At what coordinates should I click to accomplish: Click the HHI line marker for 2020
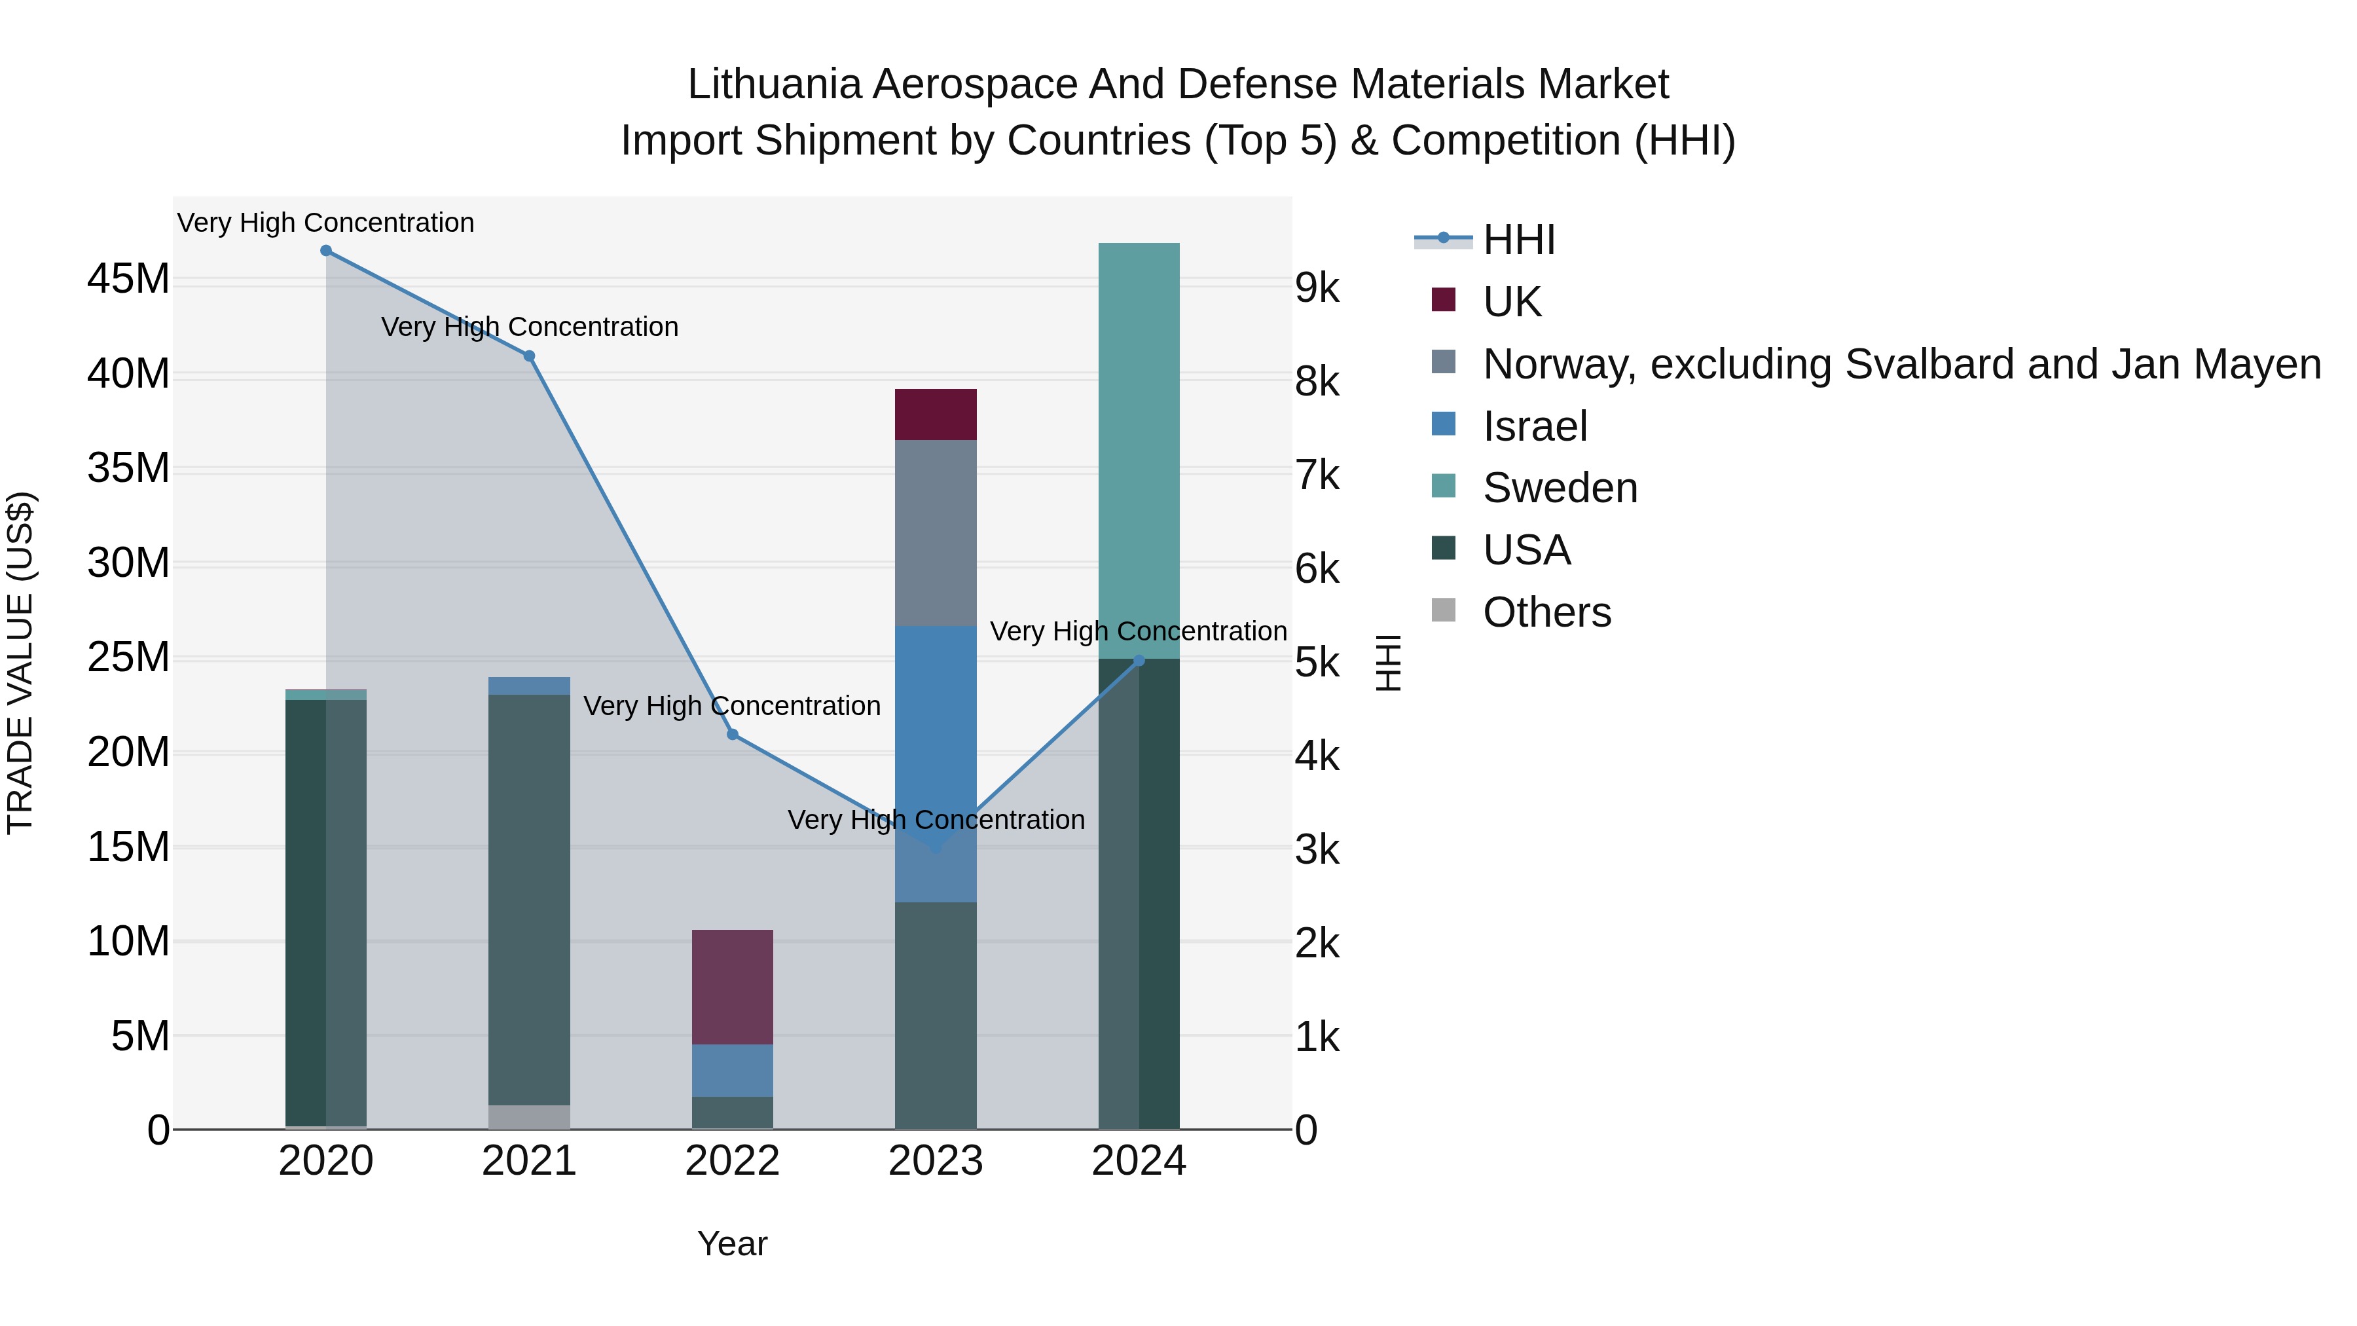point(326,251)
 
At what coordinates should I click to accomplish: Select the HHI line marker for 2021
point(529,356)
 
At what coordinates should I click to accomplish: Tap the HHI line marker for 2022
point(732,734)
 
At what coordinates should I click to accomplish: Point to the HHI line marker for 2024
point(1139,660)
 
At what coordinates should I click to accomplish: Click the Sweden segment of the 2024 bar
point(1139,449)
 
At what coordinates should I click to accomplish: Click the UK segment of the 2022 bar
point(732,987)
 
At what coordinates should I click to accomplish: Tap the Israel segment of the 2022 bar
point(732,1070)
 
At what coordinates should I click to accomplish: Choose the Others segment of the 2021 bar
point(529,1116)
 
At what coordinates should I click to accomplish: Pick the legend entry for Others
point(1546,612)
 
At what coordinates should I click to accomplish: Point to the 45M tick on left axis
point(128,278)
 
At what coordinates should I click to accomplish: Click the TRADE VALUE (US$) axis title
point(20,663)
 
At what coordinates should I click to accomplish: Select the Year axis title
point(732,1243)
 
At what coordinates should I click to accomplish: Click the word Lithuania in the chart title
point(774,84)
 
